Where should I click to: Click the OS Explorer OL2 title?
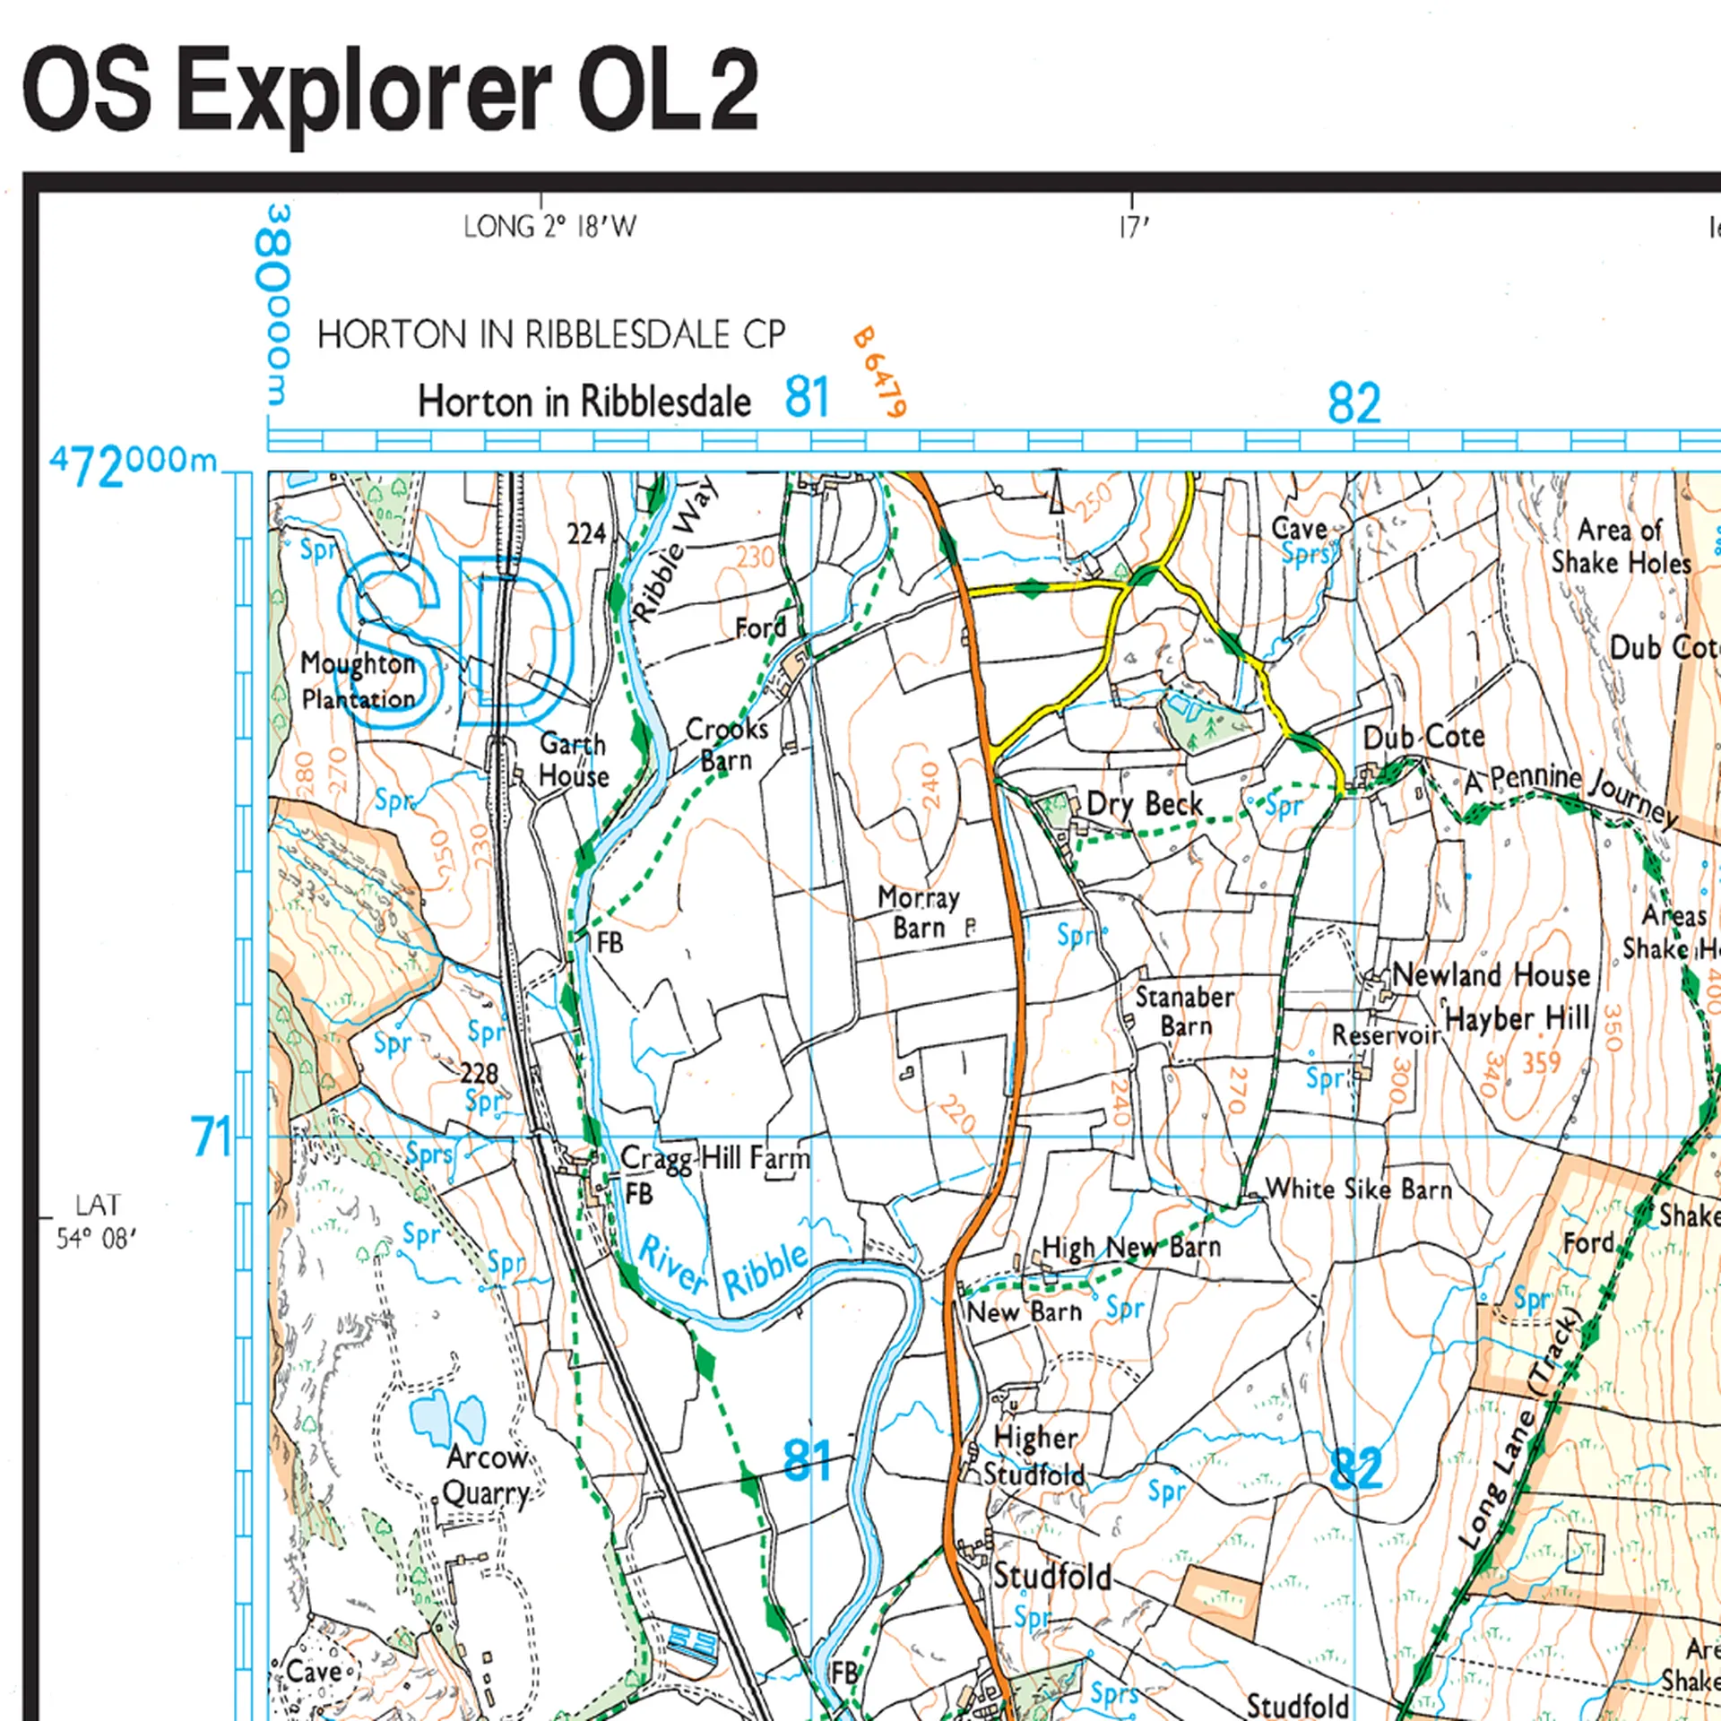(390, 92)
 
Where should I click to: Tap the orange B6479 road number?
(878, 372)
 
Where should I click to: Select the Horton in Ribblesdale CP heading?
(550, 335)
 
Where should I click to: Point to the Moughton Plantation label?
(358, 680)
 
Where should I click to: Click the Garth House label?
(574, 759)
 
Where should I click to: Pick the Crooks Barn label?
(727, 744)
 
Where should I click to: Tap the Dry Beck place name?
(1144, 804)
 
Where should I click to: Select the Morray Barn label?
(918, 912)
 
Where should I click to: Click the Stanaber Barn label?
(1184, 1010)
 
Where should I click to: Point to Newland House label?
(1491, 974)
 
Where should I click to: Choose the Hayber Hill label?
(1518, 1018)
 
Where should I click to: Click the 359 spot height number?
(1541, 1062)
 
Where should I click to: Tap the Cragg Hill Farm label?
(714, 1157)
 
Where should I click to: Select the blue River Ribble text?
(722, 1268)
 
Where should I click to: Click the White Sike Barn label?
(1358, 1189)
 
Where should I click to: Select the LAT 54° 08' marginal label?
(96, 1221)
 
